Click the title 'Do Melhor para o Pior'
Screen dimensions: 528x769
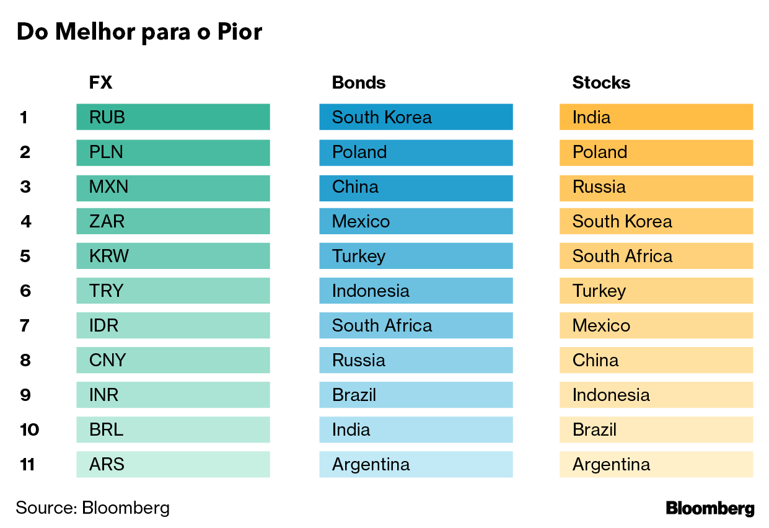click(x=139, y=32)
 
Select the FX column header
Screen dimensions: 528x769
click(x=101, y=82)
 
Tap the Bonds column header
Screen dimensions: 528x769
click(x=358, y=82)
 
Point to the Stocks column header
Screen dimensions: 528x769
click(x=601, y=82)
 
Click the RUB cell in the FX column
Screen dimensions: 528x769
click(x=173, y=117)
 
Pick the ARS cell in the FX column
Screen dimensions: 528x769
click(x=173, y=464)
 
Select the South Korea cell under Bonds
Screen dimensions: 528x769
click(x=416, y=117)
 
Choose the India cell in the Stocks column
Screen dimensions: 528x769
click(x=656, y=117)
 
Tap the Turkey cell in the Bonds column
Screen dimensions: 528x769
click(x=416, y=256)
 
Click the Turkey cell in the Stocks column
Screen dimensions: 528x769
click(x=656, y=291)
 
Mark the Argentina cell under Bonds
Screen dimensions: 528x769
click(x=416, y=464)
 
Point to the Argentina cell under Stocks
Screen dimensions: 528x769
click(x=656, y=464)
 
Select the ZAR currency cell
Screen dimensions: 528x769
click(x=173, y=221)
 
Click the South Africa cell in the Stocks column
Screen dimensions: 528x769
click(x=656, y=256)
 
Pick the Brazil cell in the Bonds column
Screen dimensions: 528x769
click(x=416, y=395)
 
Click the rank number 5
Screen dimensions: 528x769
click(x=25, y=256)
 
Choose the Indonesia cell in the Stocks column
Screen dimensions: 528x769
click(x=656, y=395)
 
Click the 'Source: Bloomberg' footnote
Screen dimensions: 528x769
click(x=92, y=508)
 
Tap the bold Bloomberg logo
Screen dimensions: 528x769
click(x=710, y=509)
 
